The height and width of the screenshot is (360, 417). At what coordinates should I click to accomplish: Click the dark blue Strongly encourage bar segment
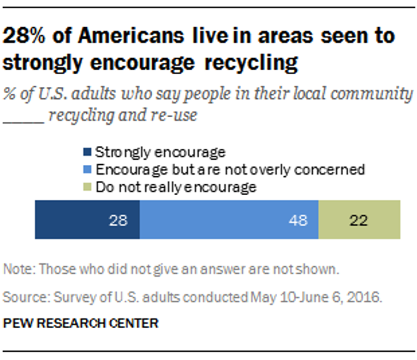click(x=87, y=220)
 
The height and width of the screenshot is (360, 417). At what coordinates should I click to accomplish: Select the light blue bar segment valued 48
click(x=229, y=220)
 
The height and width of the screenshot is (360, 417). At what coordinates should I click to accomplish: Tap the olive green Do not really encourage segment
click(x=359, y=220)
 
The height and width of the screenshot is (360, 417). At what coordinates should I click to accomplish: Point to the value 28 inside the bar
click(x=118, y=221)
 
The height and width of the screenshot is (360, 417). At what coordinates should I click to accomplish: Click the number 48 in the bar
click(x=298, y=221)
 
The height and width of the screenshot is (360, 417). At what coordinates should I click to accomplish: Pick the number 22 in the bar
click(x=358, y=221)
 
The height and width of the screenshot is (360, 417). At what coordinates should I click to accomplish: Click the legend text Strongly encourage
click(x=160, y=152)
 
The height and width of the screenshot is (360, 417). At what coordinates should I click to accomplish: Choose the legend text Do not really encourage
click(x=175, y=187)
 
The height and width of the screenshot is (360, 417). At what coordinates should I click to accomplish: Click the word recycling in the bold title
click(x=252, y=62)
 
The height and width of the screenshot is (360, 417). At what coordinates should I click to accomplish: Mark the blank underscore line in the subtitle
click(x=23, y=116)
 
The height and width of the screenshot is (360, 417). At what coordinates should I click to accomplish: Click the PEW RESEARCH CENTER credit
click(x=80, y=323)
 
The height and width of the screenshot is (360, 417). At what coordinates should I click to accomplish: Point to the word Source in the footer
click(x=23, y=297)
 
